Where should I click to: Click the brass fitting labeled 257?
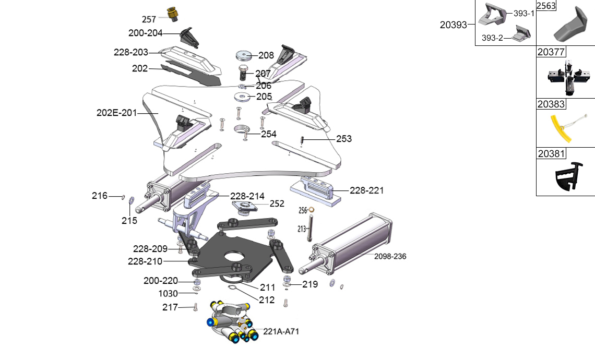point(171,14)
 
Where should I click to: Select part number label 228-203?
point(131,52)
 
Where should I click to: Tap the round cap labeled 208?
point(243,55)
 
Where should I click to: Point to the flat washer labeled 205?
point(242,97)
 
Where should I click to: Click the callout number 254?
point(269,134)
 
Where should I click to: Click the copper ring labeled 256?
point(312,210)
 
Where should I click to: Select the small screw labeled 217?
point(195,307)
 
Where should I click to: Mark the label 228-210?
point(145,261)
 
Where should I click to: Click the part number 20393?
point(453,24)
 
